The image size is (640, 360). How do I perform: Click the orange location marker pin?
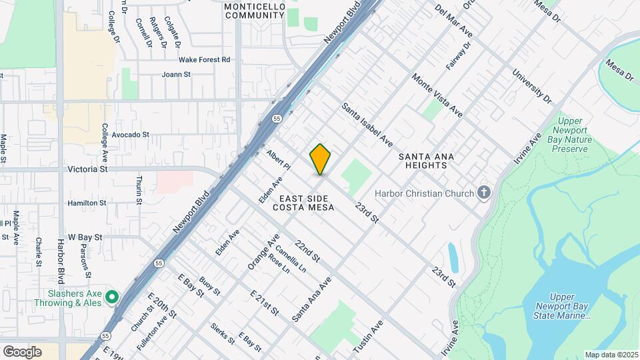[x=320, y=159]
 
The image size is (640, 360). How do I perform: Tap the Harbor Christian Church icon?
[x=485, y=193]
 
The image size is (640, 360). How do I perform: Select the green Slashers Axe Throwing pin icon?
[x=112, y=297]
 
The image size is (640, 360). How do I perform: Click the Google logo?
[x=22, y=352]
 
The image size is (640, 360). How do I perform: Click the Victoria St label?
[x=87, y=170]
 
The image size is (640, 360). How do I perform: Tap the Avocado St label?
[x=130, y=135]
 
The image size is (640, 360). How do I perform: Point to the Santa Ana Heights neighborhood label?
[x=427, y=161]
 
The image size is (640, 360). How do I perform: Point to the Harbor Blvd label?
[x=60, y=261]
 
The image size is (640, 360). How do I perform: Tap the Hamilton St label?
[x=87, y=203]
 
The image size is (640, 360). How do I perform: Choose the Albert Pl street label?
[x=279, y=159]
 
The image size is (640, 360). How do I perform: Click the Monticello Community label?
[x=254, y=11]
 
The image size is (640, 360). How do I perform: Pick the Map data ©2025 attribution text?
[x=611, y=355]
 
